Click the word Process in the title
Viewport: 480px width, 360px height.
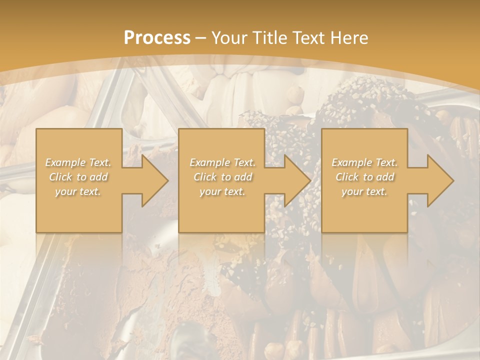pos(157,38)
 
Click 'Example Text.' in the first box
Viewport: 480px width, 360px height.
pos(78,162)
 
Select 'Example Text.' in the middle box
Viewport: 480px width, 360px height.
pos(222,162)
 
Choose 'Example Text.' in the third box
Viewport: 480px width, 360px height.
pos(364,162)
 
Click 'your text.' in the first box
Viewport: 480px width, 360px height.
pos(78,191)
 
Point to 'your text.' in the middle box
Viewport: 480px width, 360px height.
pos(222,191)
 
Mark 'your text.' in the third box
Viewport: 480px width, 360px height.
pos(364,191)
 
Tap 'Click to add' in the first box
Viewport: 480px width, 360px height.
pos(78,177)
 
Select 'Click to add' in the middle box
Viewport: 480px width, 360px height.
pos(222,177)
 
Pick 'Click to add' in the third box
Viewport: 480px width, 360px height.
pos(364,177)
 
